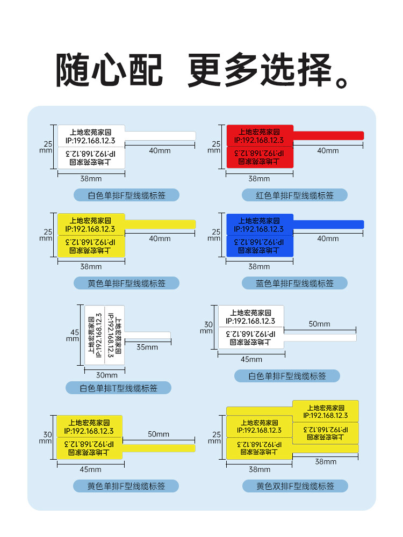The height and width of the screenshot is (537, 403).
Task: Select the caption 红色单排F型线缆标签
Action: [294, 195]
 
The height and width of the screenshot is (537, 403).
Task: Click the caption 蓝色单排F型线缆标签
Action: [294, 283]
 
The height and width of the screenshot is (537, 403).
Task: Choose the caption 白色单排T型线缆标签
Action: [118, 388]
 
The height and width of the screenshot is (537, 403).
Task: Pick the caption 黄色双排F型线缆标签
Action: [294, 486]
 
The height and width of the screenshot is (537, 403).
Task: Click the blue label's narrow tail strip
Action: [328, 223]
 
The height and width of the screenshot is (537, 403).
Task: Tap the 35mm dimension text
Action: [147, 347]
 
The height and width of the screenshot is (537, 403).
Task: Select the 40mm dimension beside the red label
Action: [328, 151]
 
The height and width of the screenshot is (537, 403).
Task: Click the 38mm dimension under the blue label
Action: [259, 266]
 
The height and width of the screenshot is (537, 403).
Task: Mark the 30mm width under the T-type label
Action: [106, 375]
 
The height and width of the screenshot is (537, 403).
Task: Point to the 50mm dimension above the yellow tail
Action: [159, 434]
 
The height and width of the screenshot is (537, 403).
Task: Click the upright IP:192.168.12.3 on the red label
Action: [258, 140]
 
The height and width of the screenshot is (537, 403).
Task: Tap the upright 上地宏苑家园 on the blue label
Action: [258, 220]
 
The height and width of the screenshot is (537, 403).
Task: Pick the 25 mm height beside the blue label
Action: [215, 235]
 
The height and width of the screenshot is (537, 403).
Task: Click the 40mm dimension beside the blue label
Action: [328, 238]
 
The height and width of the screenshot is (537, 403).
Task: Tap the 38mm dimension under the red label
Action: [259, 178]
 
